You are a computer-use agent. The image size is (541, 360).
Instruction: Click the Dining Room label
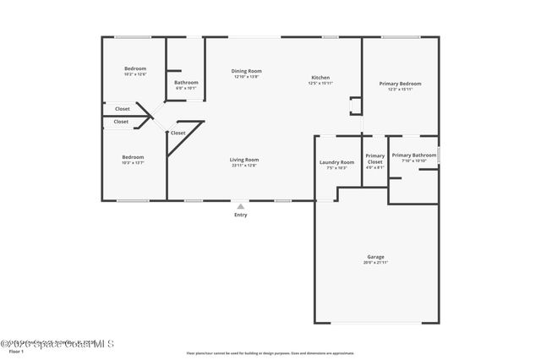(248, 71)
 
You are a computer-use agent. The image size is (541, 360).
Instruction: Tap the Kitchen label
(319, 78)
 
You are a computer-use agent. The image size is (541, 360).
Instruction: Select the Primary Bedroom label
(400, 84)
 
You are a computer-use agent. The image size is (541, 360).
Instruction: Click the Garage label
(375, 257)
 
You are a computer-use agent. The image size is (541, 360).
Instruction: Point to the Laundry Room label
(336, 162)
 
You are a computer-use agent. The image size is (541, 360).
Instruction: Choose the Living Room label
(244, 160)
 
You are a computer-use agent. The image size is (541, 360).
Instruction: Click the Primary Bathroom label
(413, 155)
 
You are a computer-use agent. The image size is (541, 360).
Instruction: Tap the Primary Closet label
(374, 159)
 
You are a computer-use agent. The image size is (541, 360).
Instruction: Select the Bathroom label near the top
(186, 82)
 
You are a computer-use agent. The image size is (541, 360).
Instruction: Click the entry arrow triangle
(241, 205)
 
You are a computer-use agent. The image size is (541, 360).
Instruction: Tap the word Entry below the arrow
(241, 215)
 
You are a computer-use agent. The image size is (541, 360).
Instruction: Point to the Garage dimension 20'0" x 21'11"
(375, 263)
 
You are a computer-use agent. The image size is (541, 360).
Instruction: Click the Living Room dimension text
(244, 166)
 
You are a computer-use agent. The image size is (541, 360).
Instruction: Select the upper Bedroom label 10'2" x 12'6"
(135, 74)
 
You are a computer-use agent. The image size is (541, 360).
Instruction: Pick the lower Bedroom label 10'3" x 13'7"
(133, 162)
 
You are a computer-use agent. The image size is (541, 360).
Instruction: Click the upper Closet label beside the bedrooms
(123, 108)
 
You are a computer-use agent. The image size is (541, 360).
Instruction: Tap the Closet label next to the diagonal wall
(178, 133)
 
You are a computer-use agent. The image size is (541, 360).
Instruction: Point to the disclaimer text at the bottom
(270, 353)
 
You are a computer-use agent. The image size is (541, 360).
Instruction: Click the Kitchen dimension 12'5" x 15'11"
(319, 84)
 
